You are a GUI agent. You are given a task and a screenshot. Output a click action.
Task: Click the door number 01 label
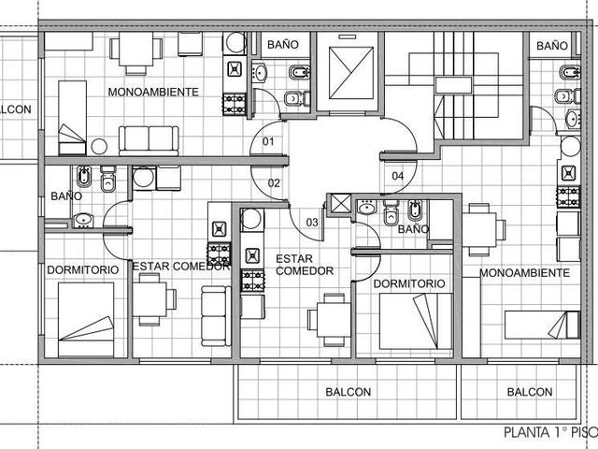pyautogui.click(x=268, y=141)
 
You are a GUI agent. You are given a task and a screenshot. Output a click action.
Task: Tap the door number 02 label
pyautogui.click(x=274, y=183)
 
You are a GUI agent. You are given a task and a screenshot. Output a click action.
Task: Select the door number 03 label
pyautogui.click(x=312, y=223)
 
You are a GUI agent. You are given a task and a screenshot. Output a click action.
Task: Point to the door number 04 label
pyautogui.click(x=397, y=176)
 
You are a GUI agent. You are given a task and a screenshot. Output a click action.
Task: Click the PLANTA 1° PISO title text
pyautogui.click(x=550, y=432)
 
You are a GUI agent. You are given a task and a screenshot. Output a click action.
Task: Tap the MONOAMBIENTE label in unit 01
pyautogui.click(x=153, y=92)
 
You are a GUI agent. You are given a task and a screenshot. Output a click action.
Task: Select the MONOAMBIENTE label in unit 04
pyautogui.click(x=524, y=272)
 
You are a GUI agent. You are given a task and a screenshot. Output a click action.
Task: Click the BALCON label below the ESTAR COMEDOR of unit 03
pyautogui.click(x=348, y=392)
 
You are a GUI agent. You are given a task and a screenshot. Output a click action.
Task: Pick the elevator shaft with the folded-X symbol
pyautogui.click(x=351, y=73)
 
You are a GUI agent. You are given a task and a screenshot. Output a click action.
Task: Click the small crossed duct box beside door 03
pyautogui.click(x=340, y=203)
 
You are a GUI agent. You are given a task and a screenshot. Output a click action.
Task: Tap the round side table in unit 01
pyautogui.click(x=99, y=147)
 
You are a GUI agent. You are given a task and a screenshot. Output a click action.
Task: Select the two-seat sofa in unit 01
pyautogui.click(x=149, y=140)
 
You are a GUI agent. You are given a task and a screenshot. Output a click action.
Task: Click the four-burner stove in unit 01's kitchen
pyautogui.click(x=235, y=104)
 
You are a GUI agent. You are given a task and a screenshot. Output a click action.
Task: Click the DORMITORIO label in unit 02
pyautogui.click(x=83, y=270)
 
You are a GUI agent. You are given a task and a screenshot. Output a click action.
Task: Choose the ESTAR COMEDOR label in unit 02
pyautogui.click(x=180, y=266)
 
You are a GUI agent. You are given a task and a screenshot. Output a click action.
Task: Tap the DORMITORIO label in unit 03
pyautogui.click(x=409, y=283)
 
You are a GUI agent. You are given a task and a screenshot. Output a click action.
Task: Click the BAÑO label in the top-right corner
pyautogui.click(x=552, y=46)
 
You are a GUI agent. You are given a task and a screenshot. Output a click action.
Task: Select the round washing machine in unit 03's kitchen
pyautogui.click(x=251, y=219)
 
